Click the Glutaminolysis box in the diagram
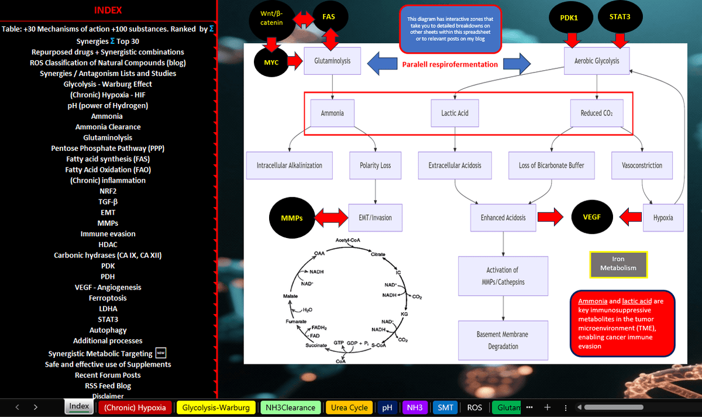pos(332,61)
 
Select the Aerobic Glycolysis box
pos(597,61)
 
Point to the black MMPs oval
pos(292,218)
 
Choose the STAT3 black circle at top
pos(620,17)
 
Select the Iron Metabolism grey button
pos(618,264)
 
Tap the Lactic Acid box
pos(455,113)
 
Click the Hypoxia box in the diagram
pos(663,218)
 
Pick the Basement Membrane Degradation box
pos(503,340)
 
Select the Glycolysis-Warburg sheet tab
pos(216,408)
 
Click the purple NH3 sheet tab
pos(414,408)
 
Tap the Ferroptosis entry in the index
pos(108,298)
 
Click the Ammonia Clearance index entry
pos(108,127)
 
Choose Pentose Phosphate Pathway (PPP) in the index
pos(108,148)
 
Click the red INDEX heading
pos(108,10)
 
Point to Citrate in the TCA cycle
pos(378,254)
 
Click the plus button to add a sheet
pos(548,407)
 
